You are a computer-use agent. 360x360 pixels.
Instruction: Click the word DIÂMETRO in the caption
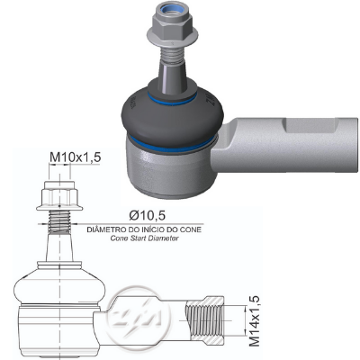pos(112,230)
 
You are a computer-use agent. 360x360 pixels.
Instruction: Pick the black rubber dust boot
pos(171,112)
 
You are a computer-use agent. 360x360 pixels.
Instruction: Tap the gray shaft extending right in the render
pos(288,148)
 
